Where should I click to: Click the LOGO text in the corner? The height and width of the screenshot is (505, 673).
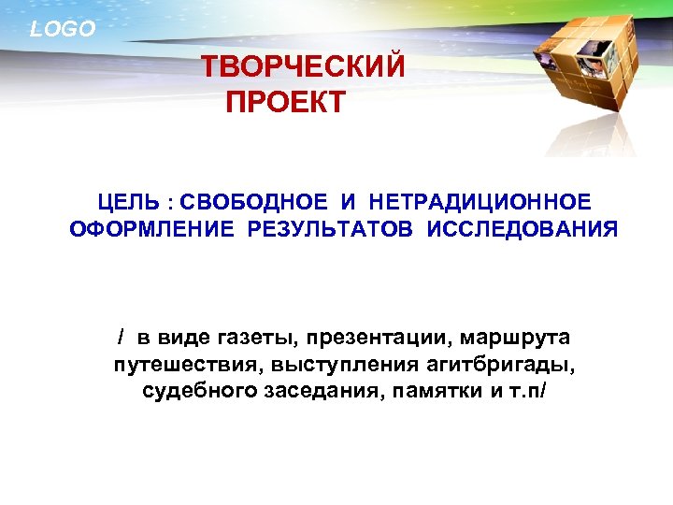[63, 29]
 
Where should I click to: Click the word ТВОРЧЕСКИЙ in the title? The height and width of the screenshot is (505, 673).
[304, 67]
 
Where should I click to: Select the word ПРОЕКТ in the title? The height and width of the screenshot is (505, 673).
[285, 100]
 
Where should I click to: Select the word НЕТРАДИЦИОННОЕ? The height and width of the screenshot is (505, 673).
[480, 202]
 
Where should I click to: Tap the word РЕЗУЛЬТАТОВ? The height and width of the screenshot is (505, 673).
[333, 229]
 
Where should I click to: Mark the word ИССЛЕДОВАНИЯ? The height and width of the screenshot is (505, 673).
[523, 229]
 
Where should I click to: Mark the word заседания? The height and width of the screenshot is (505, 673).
[313, 391]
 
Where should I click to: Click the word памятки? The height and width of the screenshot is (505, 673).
[437, 391]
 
